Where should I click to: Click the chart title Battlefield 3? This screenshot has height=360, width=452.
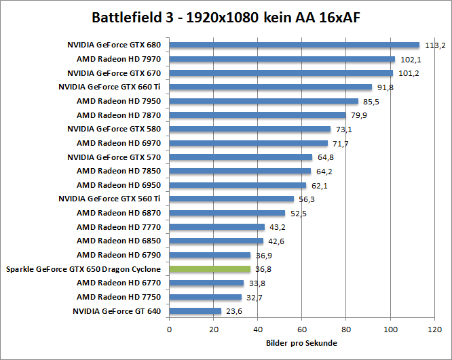pyautogui.click(x=225, y=17)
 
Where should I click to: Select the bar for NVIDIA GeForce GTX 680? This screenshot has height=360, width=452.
pyautogui.click(x=294, y=45)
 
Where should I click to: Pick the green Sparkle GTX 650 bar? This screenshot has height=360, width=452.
pyautogui.click(x=210, y=269)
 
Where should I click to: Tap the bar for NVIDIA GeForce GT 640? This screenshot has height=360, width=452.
pyautogui.click(x=195, y=311)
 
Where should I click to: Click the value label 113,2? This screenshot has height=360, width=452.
pyautogui.click(x=434, y=45)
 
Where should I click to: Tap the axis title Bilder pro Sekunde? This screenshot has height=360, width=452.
pyautogui.click(x=302, y=343)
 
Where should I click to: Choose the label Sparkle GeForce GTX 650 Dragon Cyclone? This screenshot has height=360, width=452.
pyautogui.click(x=83, y=269)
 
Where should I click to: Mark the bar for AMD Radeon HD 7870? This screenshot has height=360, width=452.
pyautogui.click(x=257, y=115)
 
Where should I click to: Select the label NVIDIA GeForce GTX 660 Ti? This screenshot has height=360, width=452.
pyautogui.click(x=110, y=87)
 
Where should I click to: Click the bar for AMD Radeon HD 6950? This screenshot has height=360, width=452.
pyautogui.click(x=238, y=185)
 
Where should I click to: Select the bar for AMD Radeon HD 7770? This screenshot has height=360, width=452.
pyautogui.click(x=216, y=227)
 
